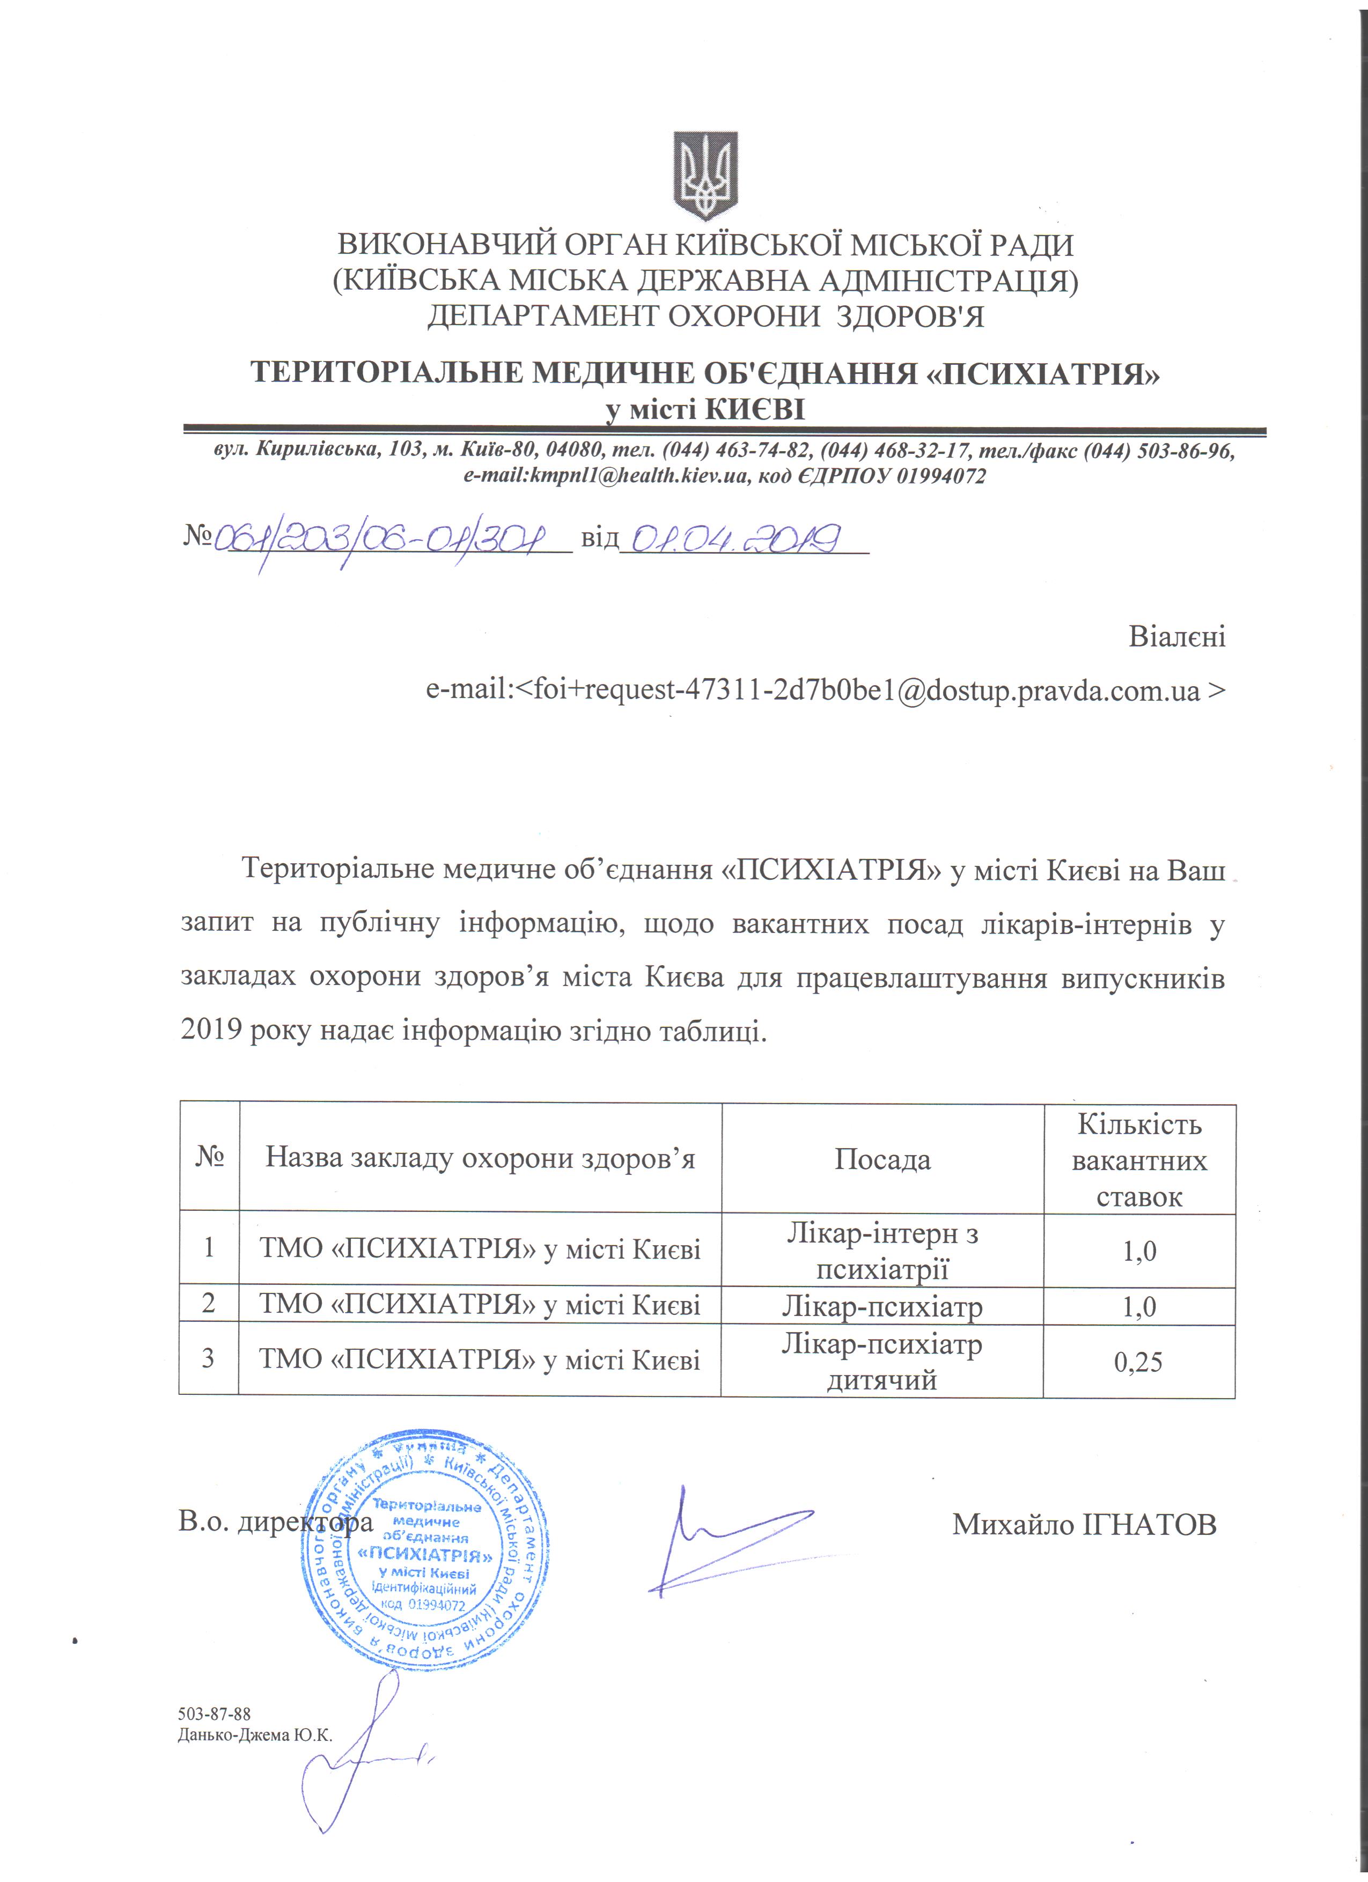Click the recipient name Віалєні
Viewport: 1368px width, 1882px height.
[1176, 637]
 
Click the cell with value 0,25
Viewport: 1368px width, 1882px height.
[1139, 1361]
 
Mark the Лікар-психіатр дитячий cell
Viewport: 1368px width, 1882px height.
[882, 1361]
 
